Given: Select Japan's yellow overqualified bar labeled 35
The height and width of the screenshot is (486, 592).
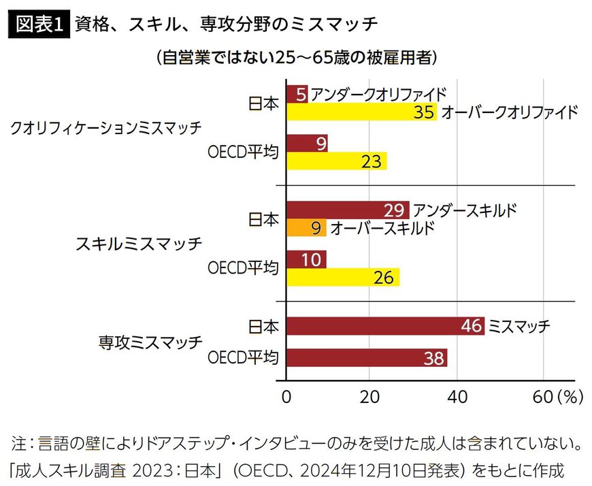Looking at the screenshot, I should coord(361,112).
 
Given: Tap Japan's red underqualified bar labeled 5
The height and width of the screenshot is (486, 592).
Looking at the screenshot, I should coord(298,94).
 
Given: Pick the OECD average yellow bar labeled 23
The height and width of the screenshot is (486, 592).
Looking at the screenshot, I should coord(336,161).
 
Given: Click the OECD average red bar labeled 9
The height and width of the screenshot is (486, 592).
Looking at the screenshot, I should coord(307,144).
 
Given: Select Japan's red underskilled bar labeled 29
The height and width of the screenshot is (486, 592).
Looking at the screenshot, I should coord(348,210).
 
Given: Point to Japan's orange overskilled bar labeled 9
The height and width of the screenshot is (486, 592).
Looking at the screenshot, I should coord(306,228).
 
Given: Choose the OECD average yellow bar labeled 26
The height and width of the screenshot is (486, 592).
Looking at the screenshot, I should coord(342,278).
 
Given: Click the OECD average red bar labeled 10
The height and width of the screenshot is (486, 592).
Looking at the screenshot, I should coord(306,259).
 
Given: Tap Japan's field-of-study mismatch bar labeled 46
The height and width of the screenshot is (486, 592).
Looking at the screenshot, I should coord(385,326).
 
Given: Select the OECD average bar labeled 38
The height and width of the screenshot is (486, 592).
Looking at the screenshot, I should coord(367,358).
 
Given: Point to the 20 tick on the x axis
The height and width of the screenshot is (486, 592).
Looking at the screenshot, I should coord(369,396).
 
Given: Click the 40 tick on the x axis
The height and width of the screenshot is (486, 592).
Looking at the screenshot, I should coord(457,396).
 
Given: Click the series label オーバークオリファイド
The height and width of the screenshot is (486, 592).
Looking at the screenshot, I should coord(509,112).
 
